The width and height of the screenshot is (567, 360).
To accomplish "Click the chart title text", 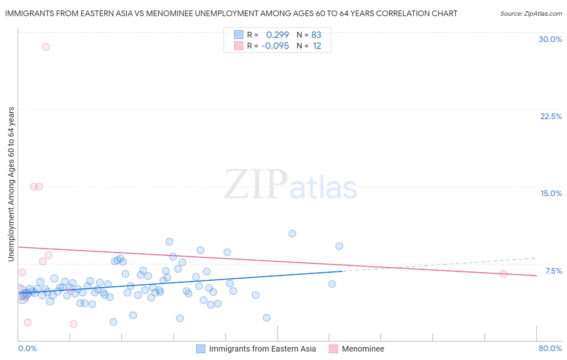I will [231, 14].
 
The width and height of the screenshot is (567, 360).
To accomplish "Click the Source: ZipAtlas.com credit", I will [531, 14].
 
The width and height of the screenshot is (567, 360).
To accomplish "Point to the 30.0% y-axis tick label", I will [550, 39].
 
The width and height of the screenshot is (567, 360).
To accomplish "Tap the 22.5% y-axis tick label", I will [551, 116].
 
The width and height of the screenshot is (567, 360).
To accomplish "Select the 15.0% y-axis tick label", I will [551, 193].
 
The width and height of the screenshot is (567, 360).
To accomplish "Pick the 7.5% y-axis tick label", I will [553, 271].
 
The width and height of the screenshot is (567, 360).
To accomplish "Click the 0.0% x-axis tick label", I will [27, 348].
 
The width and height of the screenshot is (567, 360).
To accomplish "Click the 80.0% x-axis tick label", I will [550, 348].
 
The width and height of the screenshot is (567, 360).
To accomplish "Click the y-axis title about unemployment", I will [11, 184].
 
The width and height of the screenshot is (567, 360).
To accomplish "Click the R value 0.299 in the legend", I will [277, 35].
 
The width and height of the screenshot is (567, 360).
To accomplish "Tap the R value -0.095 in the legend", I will [275, 46].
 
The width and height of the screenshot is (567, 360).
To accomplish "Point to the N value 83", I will [316, 35].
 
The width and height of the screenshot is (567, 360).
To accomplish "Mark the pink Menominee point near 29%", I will [46, 47].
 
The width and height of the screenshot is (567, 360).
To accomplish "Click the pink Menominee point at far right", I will [503, 274].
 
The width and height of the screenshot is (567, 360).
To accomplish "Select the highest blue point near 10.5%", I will [292, 234].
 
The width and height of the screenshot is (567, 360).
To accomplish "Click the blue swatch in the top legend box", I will [239, 35].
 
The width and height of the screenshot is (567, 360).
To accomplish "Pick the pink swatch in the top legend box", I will [239, 46].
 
